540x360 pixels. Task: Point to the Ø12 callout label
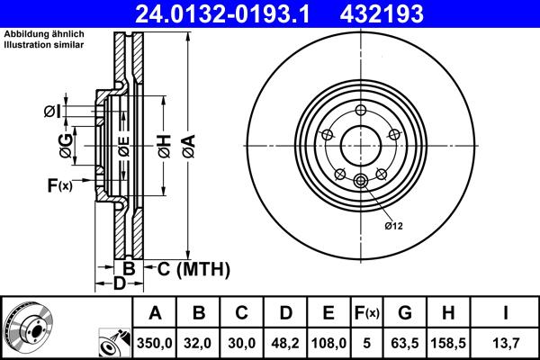(394, 225)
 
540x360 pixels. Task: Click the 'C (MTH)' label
(193, 269)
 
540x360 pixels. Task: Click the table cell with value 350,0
(155, 342)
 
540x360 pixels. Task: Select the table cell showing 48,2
(285, 342)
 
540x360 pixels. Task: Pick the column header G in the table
(406, 312)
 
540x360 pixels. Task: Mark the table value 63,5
(406, 342)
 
